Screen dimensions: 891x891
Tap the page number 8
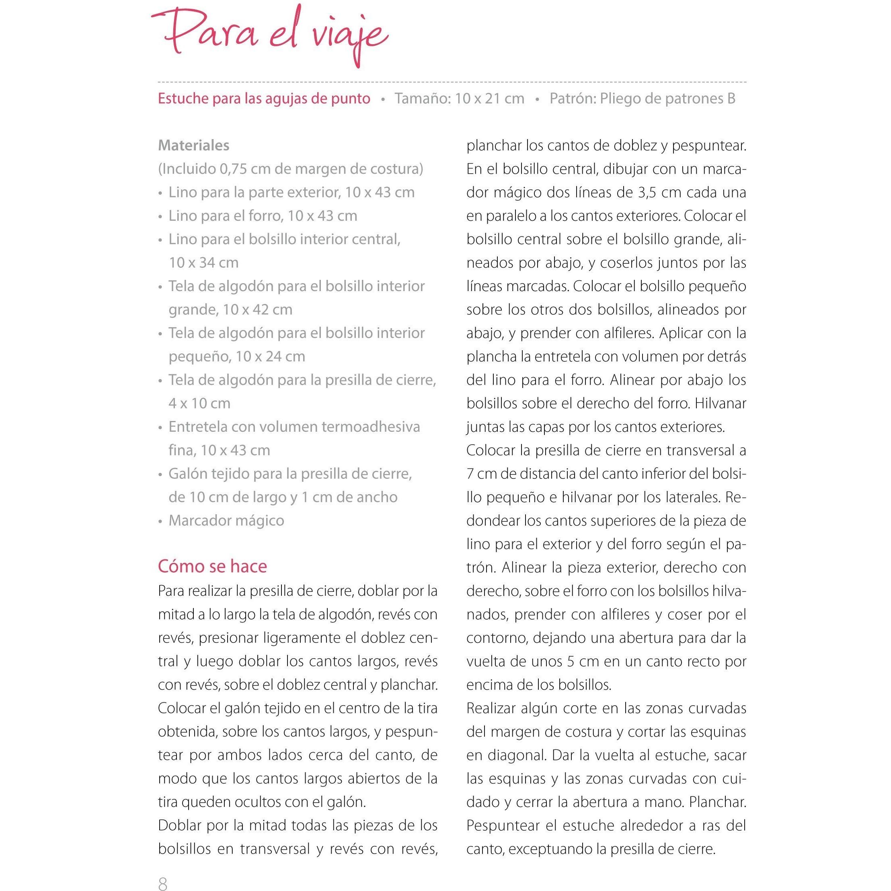pos(162,883)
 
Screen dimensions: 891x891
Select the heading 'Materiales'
pos(193,145)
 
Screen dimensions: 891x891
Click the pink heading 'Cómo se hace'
pos(212,567)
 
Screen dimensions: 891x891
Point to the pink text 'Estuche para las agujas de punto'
pos(264,99)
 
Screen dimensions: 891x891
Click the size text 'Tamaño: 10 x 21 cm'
pos(459,99)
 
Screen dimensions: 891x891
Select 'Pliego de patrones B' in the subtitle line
pos(667,99)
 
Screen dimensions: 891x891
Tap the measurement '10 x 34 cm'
pos(203,263)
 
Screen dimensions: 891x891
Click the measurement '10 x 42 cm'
pos(257,310)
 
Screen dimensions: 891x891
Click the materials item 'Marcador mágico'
pos(226,521)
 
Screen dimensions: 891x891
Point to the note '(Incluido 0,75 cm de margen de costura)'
pos(291,169)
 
